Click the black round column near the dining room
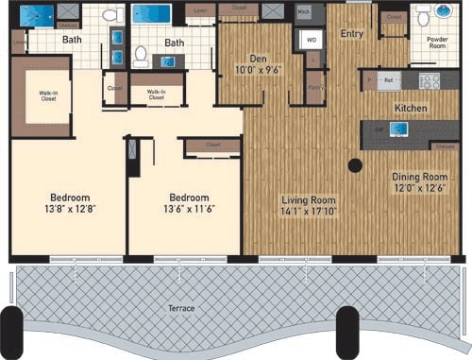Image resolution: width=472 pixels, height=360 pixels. pyautogui.click(x=355, y=165)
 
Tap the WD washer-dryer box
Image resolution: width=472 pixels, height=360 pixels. pyautogui.click(x=311, y=40)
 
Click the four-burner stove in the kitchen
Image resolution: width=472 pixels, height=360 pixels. pyautogui.click(x=429, y=81)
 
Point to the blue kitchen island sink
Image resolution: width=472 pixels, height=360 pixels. pyautogui.click(x=397, y=129)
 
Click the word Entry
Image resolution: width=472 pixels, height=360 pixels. pyautogui.click(x=351, y=34)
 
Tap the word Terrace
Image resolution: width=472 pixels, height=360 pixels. pyautogui.click(x=177, y=309)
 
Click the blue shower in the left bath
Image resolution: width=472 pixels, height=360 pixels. pyautogui.click(x=40, y=15)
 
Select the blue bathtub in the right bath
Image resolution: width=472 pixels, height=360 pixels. pyautogui.click(x=151, y=15)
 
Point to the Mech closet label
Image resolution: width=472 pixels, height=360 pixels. pyautogui.click(x=304, y=12)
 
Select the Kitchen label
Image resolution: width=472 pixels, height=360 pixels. pyautogui.click(x=411, y=109)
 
